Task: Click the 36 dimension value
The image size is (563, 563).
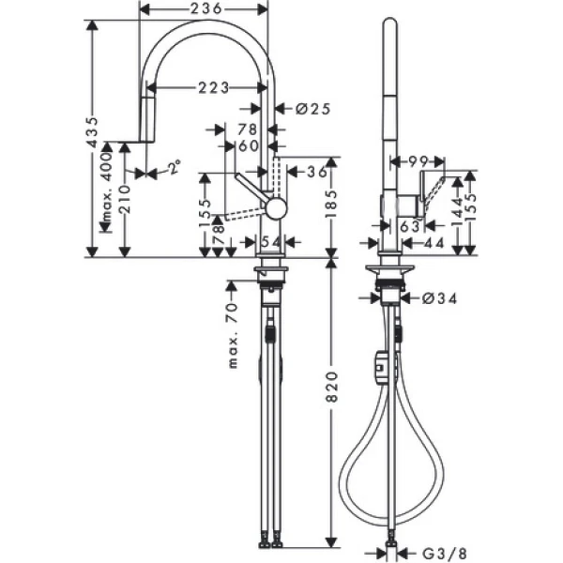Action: click(x=317, y=171)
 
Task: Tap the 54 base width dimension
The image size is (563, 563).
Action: click(x=270, y=243)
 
